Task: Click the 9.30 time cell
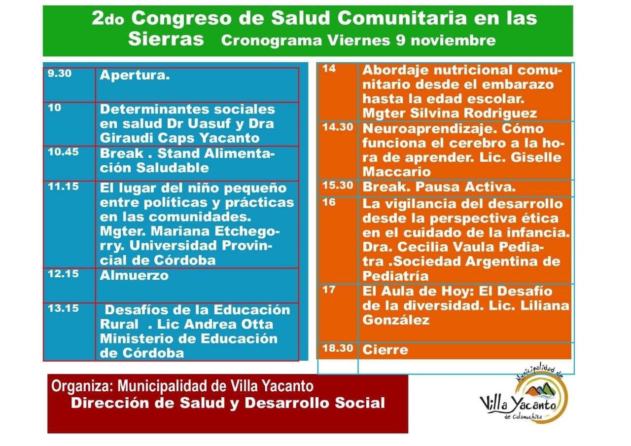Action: (x=60, y=75)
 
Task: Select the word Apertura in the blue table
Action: (x=135, y=76)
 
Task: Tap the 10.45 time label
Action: (x=64, y=152)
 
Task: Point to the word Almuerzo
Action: (x=134, y=275)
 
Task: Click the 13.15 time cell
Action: (x=64, y=308)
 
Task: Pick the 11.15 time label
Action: (x=63, y=187)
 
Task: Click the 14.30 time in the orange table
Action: (x=338, y=127)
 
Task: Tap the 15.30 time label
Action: (x=338, y=186)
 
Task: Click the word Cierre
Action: (x=386, y=350)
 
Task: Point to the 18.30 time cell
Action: (x=338, y=348)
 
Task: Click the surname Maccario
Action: (x=396, y=172)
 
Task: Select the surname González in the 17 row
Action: (x=396, y=320)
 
